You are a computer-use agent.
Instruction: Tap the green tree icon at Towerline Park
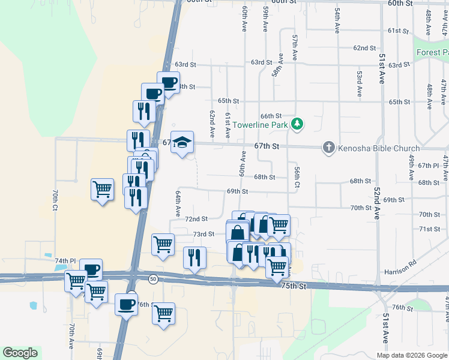pos(297,124)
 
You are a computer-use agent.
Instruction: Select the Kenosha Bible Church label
pos(378,148)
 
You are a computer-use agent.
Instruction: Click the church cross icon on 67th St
pos(328,147)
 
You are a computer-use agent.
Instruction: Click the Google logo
pos(20,353)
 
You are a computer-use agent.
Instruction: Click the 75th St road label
pos(294,287)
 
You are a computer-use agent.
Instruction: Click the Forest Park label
pos(432,52)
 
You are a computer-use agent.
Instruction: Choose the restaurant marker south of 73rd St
pos(194,258)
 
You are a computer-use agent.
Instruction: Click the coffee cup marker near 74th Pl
pos(91,270)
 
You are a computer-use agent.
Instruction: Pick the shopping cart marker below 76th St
pos(163,313)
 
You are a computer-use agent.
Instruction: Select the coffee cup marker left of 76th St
pos(126,304)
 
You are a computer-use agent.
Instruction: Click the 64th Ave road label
pos(178,204)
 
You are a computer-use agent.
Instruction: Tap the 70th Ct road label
pos(55,199)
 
